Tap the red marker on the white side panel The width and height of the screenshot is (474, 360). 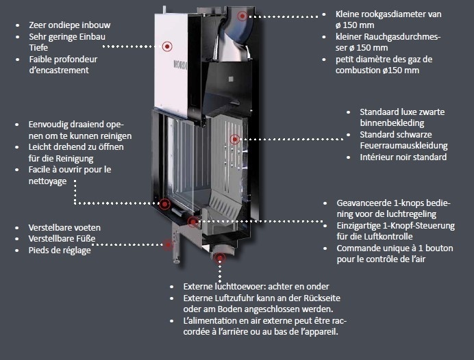pyautogui.click(x=167, y=46)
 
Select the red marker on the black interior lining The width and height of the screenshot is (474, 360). pyautogui.click(x=234, y=139)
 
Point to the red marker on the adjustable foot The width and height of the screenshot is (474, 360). pyautogui.click(x=167, y=243)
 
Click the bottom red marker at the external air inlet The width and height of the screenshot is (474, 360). pyautogui.click(x=219, y=258)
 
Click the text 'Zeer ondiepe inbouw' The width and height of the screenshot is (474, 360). pyautogui.click(x=69, y=25)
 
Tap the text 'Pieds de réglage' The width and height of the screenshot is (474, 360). pyautogui.click(x=60, y=250)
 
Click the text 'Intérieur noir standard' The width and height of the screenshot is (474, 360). pyautogui.click(x=403, y=157)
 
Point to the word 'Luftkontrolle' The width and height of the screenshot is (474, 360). pyautogui.click(x=361, y=237)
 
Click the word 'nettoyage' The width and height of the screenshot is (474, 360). pyautogui.click(x=47, y=181)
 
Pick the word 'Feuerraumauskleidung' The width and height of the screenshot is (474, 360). pyautogui.click(x=403, y=146)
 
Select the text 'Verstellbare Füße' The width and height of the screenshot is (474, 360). pyautogui.click(x=62, y=239)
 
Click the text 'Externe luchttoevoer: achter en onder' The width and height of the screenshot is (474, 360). pyautogui.click(x=256, y=286)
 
